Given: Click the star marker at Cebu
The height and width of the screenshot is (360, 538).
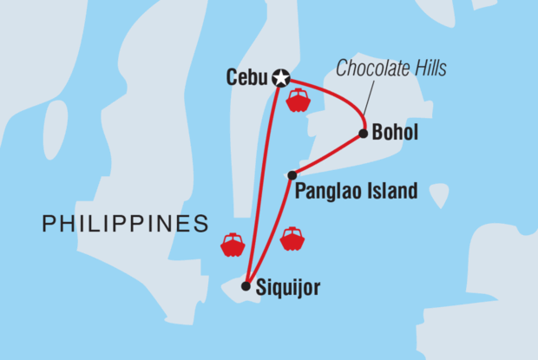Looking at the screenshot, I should point(280,77).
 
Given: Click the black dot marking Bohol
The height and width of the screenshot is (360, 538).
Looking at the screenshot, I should point(363,134).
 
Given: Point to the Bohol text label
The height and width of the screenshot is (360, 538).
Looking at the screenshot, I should point(395,134).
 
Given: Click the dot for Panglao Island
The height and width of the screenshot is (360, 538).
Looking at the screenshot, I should point(292,175).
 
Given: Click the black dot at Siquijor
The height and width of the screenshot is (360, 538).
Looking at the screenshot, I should point(246,285).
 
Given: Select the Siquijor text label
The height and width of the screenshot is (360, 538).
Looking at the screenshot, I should point(289,288).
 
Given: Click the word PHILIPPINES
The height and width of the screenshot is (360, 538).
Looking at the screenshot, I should point(125,225).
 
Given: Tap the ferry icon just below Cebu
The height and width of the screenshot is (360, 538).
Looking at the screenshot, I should point(298,100).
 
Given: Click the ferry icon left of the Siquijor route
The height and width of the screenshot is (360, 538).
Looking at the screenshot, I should point(233,245).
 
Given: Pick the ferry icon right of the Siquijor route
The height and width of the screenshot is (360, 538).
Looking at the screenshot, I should point(292,239).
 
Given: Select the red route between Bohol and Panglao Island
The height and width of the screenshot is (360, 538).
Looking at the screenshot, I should point(327,154).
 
